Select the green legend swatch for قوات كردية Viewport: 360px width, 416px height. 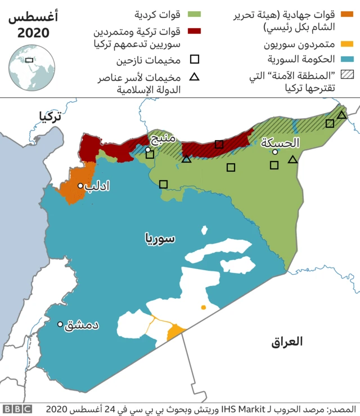tap(195, 14)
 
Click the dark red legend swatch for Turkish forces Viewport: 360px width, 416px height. tap(195, 31)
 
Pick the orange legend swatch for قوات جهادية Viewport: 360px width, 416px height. tap(348, 14)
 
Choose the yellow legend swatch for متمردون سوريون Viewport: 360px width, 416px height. tap(348, 44)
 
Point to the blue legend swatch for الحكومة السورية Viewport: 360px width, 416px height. tap(348, 59)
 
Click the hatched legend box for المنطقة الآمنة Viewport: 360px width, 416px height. tap(348, 74)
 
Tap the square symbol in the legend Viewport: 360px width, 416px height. tap(195, 59)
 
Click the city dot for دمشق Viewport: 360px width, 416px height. tap(60, 324)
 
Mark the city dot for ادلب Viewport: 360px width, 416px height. tap(80, 185)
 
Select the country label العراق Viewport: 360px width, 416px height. tap(286, 342)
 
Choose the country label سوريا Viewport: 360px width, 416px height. tap(160, 238)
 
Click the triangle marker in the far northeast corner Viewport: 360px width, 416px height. tap(341, 115)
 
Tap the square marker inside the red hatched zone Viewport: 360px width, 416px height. tap(219, 144)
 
